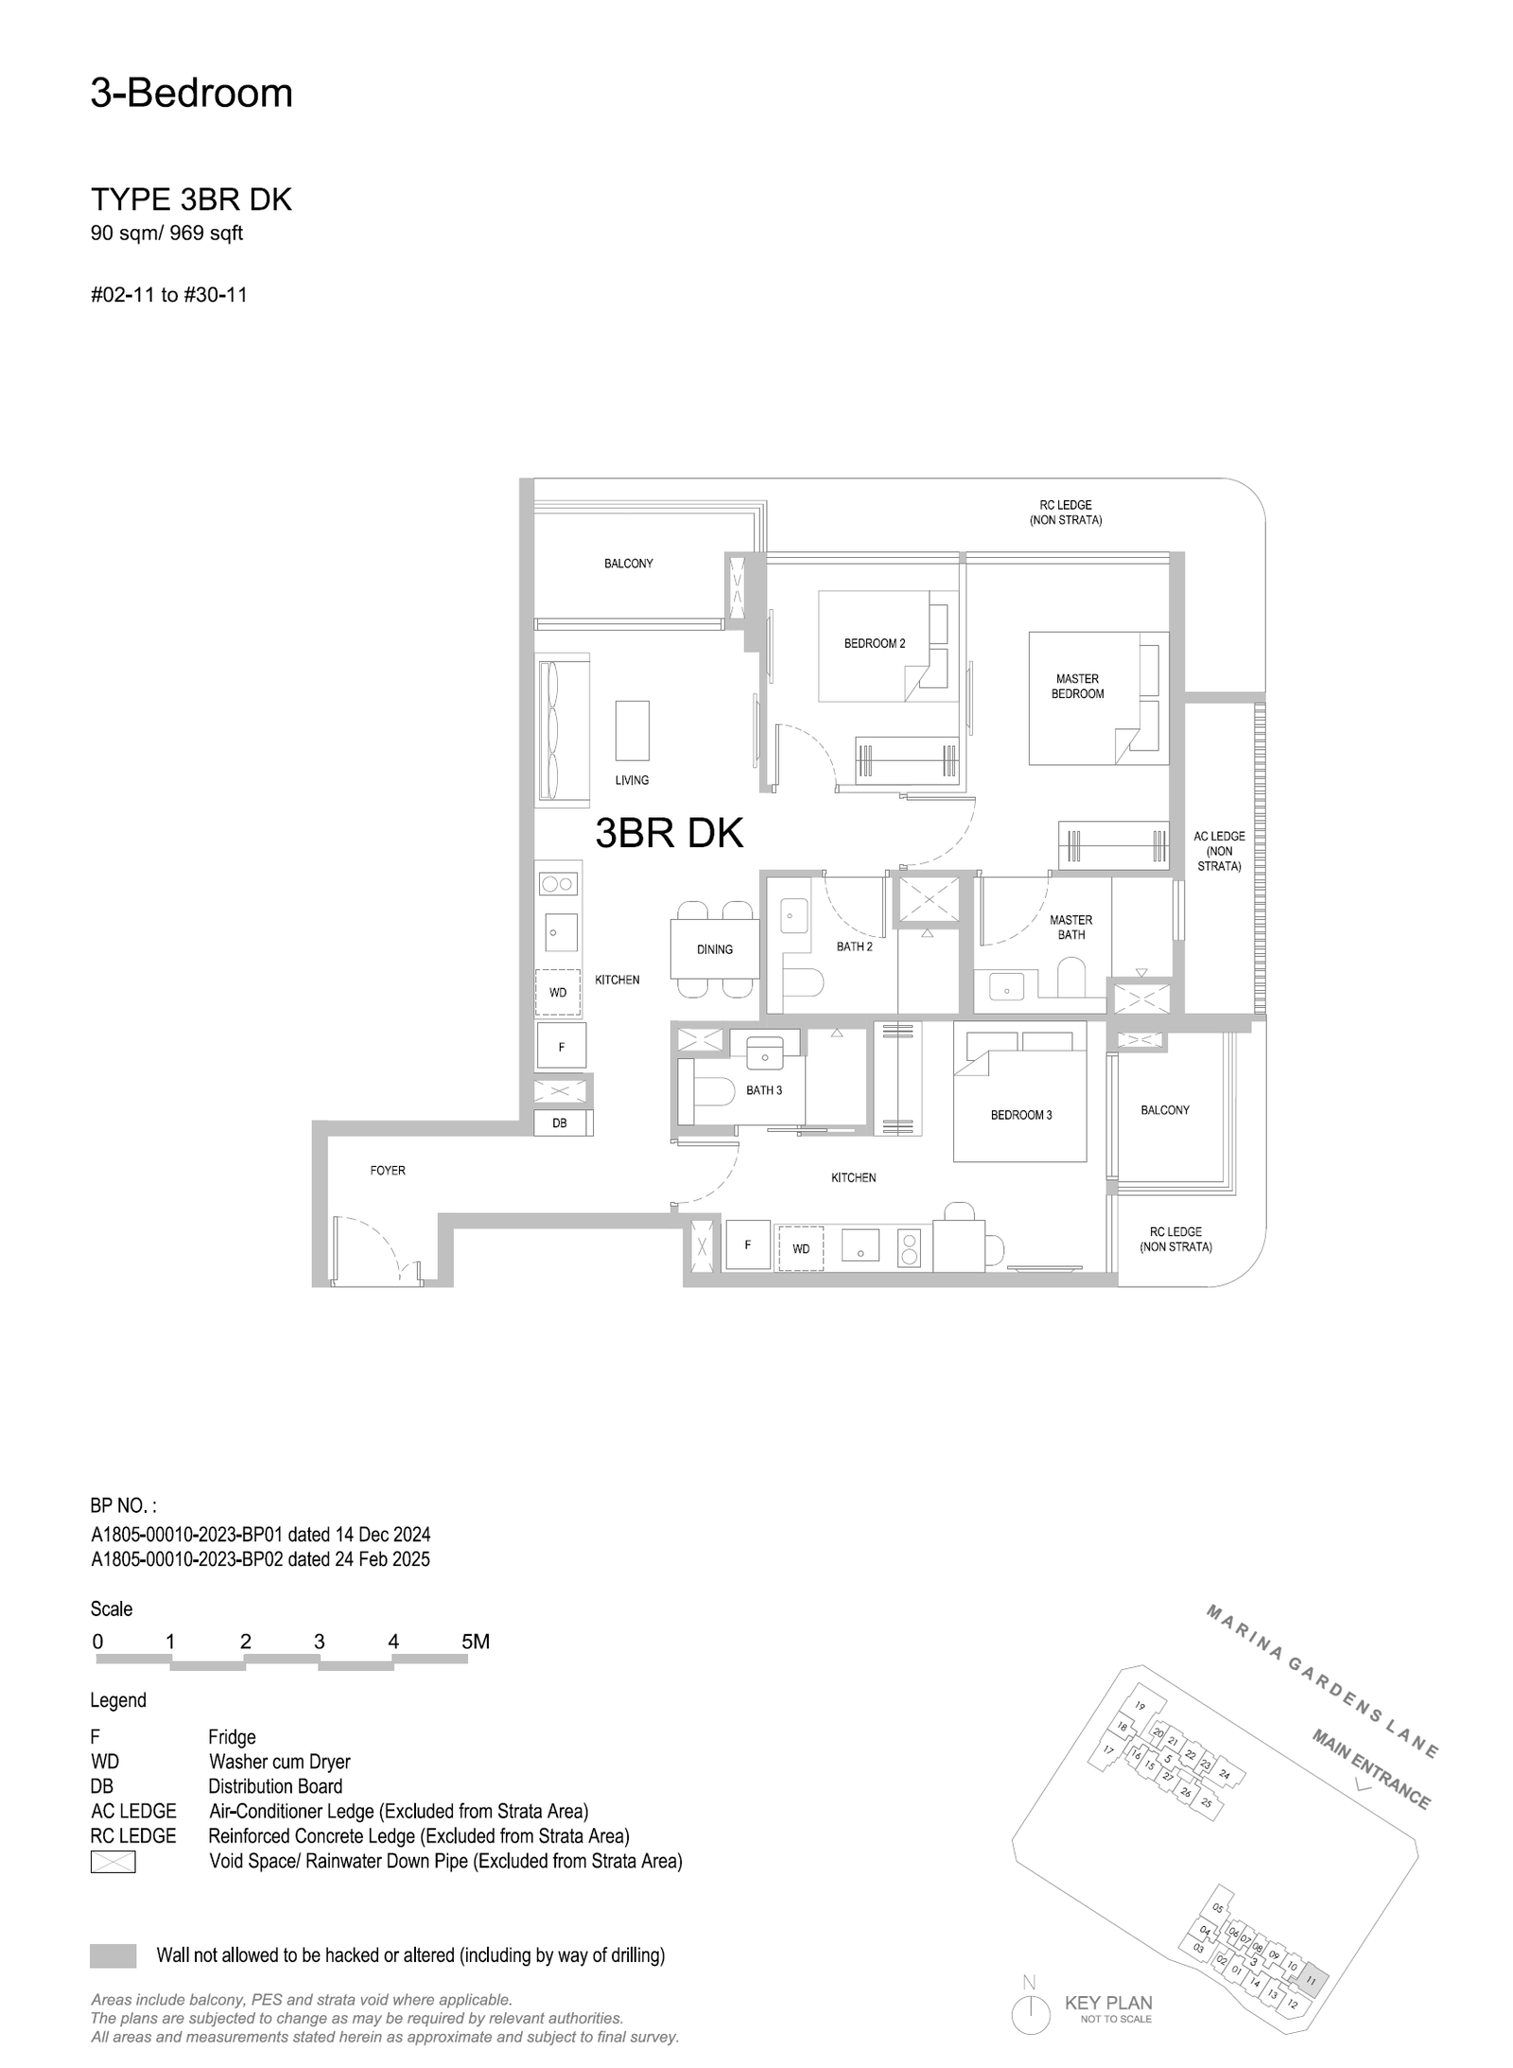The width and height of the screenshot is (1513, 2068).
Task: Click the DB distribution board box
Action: coord(559,1123)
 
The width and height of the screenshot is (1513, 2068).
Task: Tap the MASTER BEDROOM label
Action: coord(1077,686)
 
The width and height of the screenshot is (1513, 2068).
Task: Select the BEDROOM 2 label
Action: coord(874,644)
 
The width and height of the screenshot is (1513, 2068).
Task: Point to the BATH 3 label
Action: coord(764,1090)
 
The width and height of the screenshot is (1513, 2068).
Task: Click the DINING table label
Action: coord(714,949)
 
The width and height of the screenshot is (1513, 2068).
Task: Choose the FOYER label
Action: coord(388,1171)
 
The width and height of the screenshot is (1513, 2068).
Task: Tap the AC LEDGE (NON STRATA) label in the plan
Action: coord(1219,851)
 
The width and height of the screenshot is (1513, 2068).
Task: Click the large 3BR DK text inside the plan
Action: coord(669,833)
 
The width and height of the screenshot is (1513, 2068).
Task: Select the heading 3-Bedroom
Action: coord(192,94)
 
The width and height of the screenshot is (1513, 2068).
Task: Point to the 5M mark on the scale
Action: coord(475,1642)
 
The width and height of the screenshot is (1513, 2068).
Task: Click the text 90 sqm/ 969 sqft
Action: coord(166,233)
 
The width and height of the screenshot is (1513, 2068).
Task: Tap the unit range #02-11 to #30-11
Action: coord(168,295)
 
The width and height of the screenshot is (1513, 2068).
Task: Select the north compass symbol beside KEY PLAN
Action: coord(1030,2014)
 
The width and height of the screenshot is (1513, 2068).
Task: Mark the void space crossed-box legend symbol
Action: coord(113,1862)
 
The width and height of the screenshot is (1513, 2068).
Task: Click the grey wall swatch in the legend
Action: coord(113,1955)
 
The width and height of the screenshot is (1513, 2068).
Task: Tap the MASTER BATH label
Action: coord(1070,927)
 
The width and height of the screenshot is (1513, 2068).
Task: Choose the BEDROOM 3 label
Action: coord(1020,1115)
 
